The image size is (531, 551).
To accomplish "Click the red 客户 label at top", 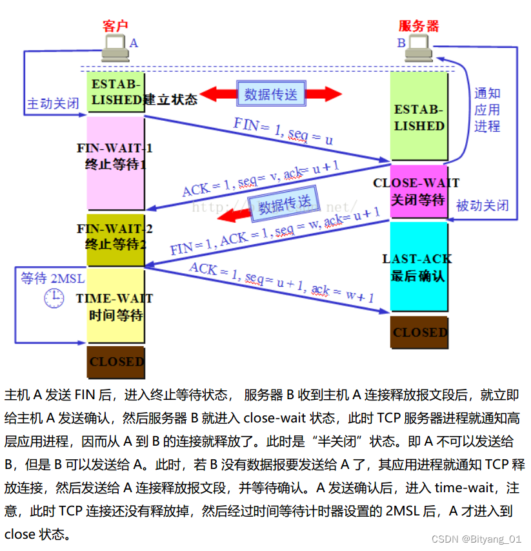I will (x=115, y=26).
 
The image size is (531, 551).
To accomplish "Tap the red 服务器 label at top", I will (x=419, y=26).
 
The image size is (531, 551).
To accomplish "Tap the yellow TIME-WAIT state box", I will (x=115, y=306).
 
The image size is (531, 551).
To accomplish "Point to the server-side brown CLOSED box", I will (x=420, y=332).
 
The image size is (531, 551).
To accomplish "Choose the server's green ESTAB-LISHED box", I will (x=419, y=116).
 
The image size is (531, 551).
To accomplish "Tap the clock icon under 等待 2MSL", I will (x=54, y=297).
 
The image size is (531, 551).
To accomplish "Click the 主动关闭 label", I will (x=53, y=103).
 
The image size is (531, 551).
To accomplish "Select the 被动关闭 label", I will (x=483, y=206).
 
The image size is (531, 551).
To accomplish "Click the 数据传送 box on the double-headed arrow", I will (x=270, y=94).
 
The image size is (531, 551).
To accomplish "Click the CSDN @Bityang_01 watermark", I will (x=476, y=539).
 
